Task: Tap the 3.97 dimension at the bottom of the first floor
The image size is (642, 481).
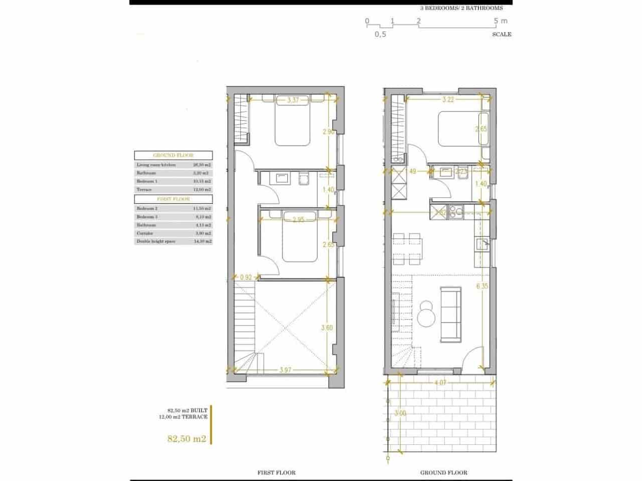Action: pos(285,370)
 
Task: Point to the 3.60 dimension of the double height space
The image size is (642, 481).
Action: pos(328,328)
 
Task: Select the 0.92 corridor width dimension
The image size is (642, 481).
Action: pos(246,277)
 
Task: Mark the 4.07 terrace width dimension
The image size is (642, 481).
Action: pos(441,383)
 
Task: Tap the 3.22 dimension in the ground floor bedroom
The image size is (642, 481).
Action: pos(448,100)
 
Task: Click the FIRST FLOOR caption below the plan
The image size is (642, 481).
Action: pos(276,472)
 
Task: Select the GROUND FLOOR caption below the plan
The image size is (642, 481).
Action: pos(443,472)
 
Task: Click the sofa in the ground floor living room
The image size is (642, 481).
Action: pos(450,313)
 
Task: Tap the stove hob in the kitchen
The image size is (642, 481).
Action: pos(457,212)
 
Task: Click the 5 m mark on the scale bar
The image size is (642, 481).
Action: pos(500,21)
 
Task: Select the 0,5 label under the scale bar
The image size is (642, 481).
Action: pos(380,35)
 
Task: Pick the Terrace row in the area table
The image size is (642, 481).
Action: pos(173,190)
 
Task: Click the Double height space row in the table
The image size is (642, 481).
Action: pos(173,242)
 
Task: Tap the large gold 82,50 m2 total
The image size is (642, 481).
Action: pos(187,439)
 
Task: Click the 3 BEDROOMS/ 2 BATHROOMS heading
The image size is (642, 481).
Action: pos(461,8)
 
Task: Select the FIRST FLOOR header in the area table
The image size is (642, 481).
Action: pos(173,199)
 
